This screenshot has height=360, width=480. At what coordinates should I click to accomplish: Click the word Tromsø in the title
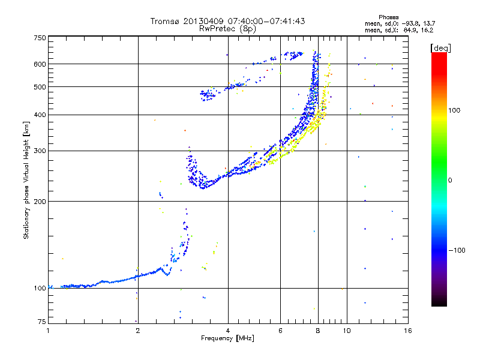pos(163,21)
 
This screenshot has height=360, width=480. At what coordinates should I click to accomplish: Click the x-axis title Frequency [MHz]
pos(228,338)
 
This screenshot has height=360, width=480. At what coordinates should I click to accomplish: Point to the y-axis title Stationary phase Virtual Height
pos(26,180)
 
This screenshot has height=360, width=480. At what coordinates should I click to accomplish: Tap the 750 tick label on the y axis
pos(40,38)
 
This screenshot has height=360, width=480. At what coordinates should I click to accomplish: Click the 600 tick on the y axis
pos(40,64)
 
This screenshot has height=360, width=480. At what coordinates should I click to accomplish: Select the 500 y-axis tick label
pos(40,86)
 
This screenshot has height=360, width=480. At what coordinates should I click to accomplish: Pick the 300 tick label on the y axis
pos(40,151)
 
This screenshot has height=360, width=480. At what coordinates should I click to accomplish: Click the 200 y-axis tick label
pos(40,201)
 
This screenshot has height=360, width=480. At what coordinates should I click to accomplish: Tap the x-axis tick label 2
pos(138,330)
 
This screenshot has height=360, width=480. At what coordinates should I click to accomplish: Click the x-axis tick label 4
pos(228,330)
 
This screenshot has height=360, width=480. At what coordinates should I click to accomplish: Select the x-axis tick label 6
pos(280,330)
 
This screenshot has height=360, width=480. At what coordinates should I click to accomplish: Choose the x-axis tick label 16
pos(407,330)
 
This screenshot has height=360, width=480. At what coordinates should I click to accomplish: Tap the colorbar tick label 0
pos(449,180)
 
